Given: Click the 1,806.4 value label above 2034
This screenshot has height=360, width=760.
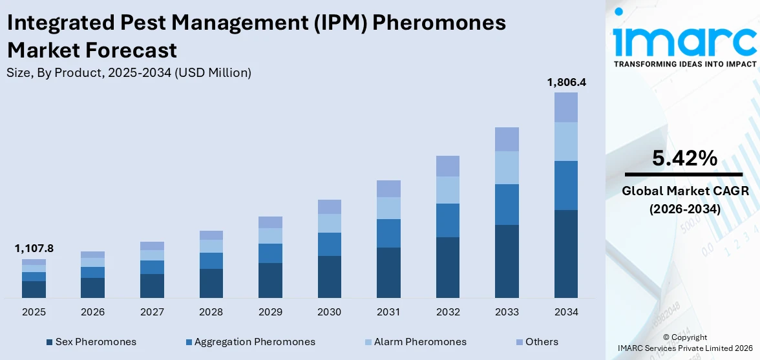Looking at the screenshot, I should (x=566, y=82).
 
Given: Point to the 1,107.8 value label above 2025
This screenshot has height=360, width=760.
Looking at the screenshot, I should (x=34, y=248).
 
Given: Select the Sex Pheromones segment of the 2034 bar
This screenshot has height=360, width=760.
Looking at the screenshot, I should (x=566, y=253).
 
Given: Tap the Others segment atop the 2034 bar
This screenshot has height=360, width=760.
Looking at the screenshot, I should (x=566, y=107).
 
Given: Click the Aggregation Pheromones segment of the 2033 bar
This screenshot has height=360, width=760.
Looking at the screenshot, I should (x=507, y=204).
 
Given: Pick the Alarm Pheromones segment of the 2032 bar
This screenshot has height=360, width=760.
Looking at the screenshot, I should (x=447, y=190).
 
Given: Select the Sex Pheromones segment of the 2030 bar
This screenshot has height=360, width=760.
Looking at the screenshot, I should (x=329, y=277).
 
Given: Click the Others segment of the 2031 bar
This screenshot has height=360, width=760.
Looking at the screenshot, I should (x=388, y=189).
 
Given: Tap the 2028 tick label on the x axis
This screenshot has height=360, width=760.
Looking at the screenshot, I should (x=211, y=312).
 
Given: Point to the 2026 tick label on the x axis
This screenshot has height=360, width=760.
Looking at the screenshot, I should (x=93, y=312).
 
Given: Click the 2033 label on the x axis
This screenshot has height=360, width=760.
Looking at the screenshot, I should (x=507, y=312).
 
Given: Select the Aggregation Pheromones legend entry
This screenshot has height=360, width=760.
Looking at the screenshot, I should (x=249, y=342).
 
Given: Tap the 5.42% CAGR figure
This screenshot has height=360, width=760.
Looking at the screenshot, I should (x=684, y=158).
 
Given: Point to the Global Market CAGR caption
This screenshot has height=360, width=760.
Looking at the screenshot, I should (x=684, y=191).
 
